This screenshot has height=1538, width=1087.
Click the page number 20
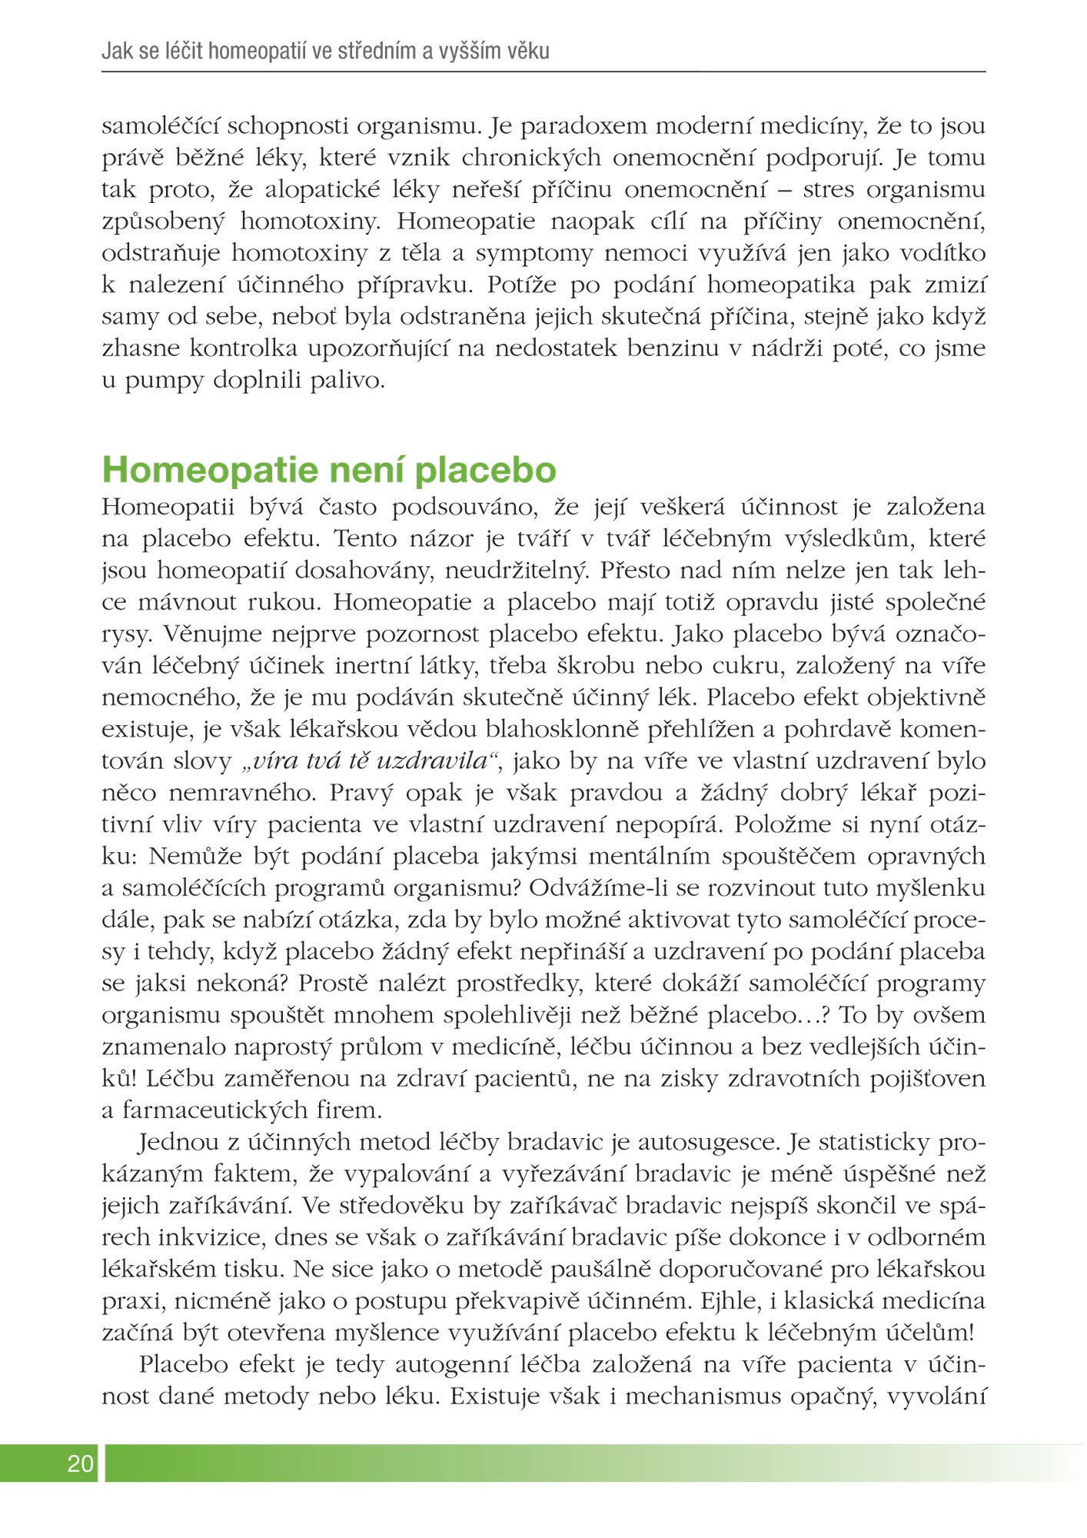(80, 1463)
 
